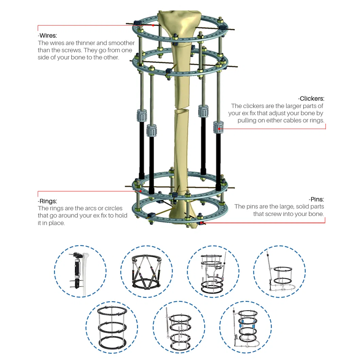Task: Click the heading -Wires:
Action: (48, 36)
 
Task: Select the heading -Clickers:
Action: (311, 98)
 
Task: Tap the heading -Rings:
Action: (48, 201)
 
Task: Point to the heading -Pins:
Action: (316, 199)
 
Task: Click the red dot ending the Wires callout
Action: (153, 25)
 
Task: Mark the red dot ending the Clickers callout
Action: (219, 129)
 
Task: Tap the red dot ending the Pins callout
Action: (201, 223)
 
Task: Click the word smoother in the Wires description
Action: (121, 43)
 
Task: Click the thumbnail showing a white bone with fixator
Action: (80, 271)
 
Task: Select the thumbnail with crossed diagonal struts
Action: (147, 271)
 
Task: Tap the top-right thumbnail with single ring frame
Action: (280, 271)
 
